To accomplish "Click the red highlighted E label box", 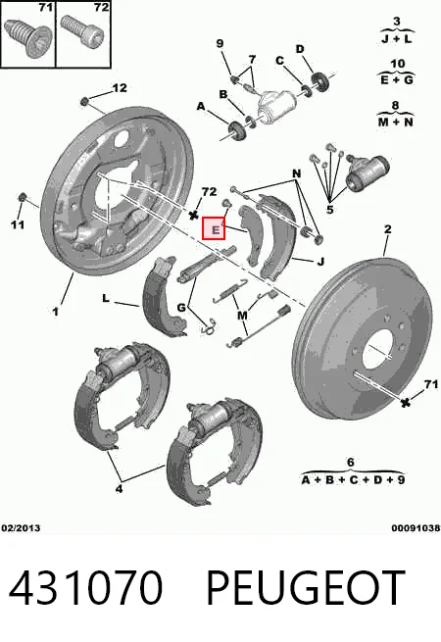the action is (x=214, y=228).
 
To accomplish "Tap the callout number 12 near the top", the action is (x=120, y=87).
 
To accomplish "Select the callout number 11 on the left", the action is (x=18, y=224).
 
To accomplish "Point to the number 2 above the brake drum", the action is (x=387, y=229).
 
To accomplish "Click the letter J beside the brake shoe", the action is (x=320, y=261).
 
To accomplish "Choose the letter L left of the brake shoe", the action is (x=106, y=299).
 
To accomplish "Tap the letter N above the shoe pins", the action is (x=297, y=173).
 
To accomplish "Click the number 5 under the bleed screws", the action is (x=329, y=210).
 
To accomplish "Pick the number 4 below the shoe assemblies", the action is (x=119, y=488).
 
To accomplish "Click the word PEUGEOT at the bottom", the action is (x=306, y=588).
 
